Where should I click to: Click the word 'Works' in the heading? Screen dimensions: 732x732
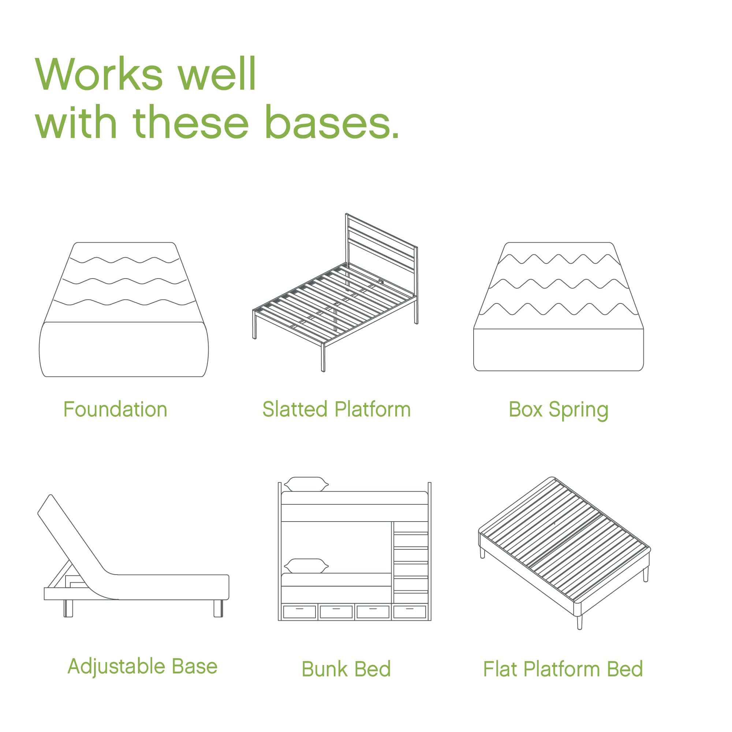coord(98,74)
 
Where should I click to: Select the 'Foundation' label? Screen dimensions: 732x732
coord(115,410)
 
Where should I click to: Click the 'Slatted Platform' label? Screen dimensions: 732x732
coord(336,410)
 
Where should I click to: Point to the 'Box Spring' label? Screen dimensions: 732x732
coord(559,410)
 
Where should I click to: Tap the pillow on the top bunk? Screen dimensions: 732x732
coord(306,484)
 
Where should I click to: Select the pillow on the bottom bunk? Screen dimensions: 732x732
coord(306,566)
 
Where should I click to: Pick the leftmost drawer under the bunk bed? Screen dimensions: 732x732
coord(299,612)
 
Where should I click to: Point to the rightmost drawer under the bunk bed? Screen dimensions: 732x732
coord(410,612)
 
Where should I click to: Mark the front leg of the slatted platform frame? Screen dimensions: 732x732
coord(323,358)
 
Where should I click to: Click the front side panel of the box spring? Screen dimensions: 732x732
coord(559,349)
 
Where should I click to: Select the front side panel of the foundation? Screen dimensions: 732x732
coord(123,349)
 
